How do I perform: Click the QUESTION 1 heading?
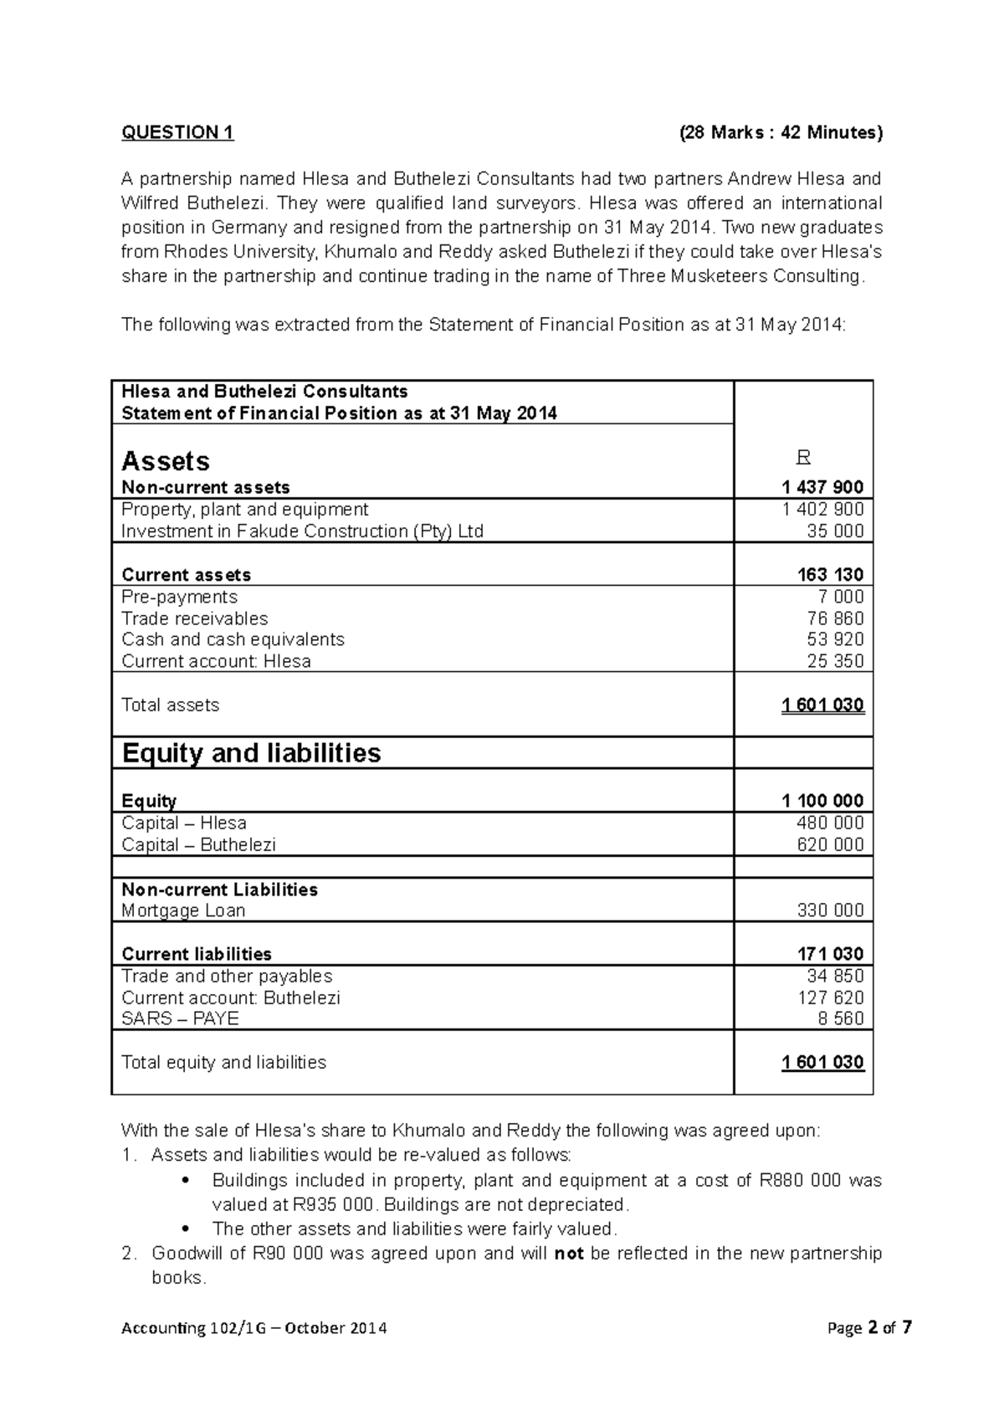click(x=177, y=132)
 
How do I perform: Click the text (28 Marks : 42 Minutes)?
click(x=780, y=132)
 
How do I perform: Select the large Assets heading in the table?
click(x=166, y=461)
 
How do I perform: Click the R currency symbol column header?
click(x=803, y=457)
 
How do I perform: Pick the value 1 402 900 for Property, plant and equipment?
click(x=822, y=510)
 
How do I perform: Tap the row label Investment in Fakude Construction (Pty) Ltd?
click(x=302, y=531)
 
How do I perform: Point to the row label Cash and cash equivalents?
click(x=233, y=639)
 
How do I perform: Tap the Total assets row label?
click(x=170, y=705)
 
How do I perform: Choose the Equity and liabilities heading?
click(x=251, y=753)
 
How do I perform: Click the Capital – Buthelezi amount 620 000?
click(x=830, y=844)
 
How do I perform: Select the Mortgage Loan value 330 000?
click(x=830, y=911)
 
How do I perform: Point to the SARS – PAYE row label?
click(x=180, y=1018)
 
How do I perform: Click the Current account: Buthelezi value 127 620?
click(x=830, y=998)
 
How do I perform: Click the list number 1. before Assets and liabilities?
click(x=127, y=1156)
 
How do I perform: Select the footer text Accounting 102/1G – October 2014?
click(x=254, y=1328)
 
